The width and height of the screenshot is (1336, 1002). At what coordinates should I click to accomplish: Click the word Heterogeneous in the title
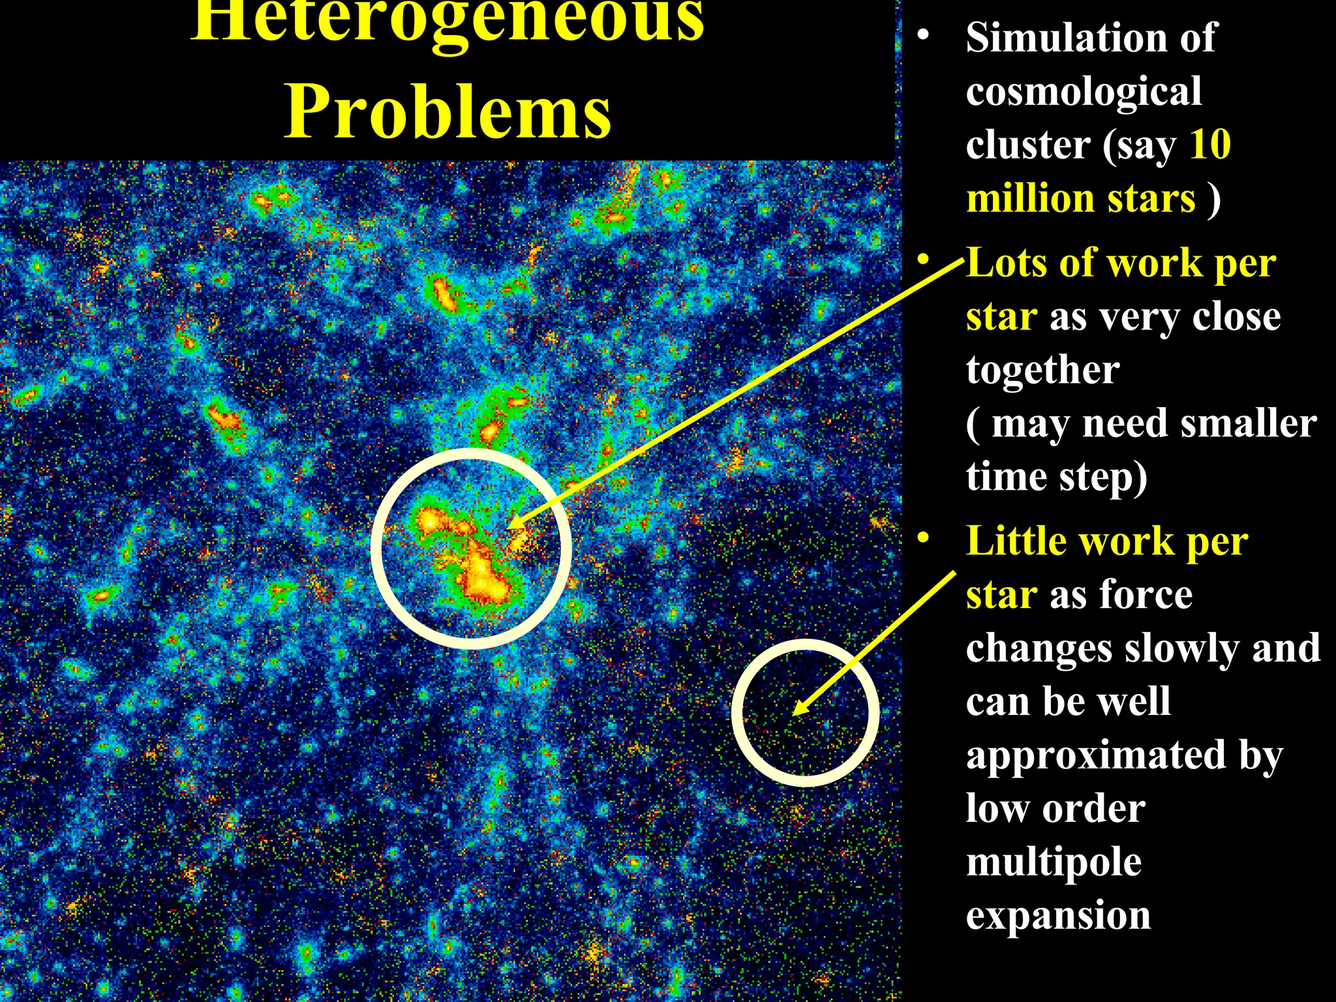tap(448, 20)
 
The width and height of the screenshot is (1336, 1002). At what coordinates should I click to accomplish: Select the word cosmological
tap(1084, 91)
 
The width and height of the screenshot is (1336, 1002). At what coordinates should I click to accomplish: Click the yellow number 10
tap(1209, 144)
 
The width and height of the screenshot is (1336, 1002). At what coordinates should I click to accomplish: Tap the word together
tap(1042, 371)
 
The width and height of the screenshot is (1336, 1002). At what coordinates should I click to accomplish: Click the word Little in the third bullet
tap(1015, 541)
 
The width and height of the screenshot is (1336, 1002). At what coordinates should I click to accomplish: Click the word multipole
tap(1054, 862)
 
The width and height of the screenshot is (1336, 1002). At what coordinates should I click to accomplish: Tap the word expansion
tap(1058, 916)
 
